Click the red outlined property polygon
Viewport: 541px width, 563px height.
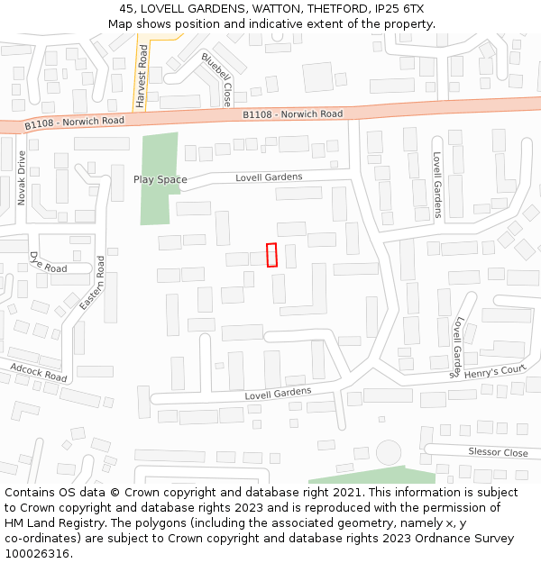[271, 255]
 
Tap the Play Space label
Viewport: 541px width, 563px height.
[160, 179]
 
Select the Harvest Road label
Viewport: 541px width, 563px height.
[142, 77]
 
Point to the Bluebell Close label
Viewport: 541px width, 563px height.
[217, 79]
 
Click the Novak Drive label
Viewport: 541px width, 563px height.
[22, 177]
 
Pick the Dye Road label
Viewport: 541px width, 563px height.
[48, 263]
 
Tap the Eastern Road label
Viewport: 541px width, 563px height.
[93, 284]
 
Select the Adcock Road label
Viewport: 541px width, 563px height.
[39, 371]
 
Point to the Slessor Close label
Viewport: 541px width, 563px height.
[498, 452]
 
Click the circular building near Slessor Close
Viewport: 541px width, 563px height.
[389, 452]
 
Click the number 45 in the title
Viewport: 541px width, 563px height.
[126, 9]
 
